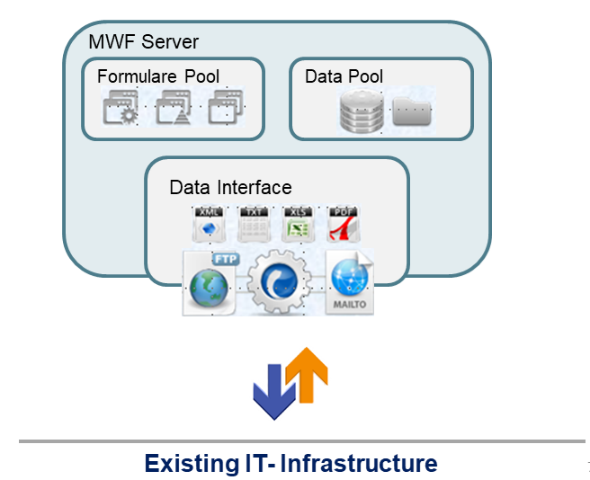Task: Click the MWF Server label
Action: [x=144, y=42]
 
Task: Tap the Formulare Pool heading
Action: [x=158, y=76]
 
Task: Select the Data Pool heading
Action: [x=344, y=76]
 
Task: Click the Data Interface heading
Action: [x=230, y=188]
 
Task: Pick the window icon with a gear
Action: [x=121, y=109]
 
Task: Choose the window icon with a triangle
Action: [x=172, y=109]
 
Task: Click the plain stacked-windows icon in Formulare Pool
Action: [x=223, y=109]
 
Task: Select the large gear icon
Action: [x=280, y=282]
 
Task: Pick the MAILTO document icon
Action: [x=350, y=283]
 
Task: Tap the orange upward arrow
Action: [x=307, y=374]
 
